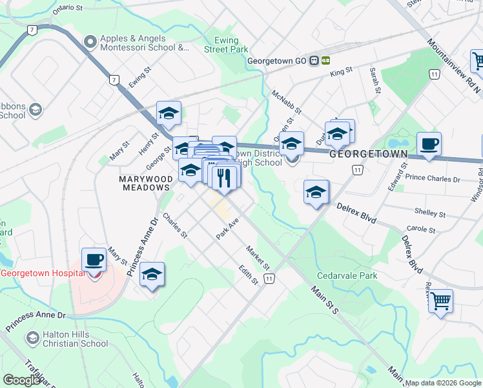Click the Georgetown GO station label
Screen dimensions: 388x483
coord(277,61)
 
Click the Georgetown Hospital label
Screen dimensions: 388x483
coord(43,273)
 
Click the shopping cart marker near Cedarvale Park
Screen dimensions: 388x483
coord(440,300)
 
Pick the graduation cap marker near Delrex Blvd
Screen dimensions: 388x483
coord(316,192)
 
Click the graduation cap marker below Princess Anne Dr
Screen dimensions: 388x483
coord(152,274)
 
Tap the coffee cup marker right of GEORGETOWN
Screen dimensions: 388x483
coord(429,144)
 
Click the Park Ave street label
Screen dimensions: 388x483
coord(228,229)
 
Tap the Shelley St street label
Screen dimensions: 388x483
coord(430,213)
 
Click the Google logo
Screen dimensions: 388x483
coord(22,380)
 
